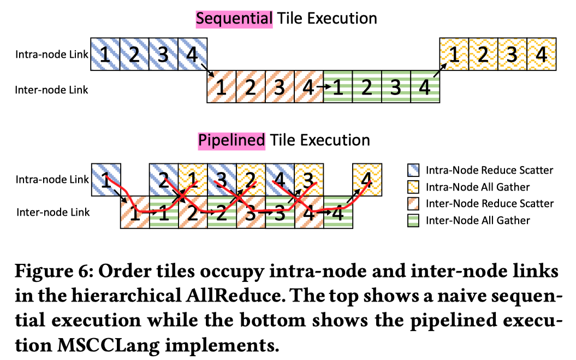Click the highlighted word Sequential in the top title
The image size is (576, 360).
(234, 19)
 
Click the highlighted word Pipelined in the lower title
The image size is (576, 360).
(231, 140)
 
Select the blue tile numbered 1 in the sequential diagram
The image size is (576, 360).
(105, 54)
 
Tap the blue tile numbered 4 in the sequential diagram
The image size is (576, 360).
(192, 54)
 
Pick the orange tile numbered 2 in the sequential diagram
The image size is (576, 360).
(251, 87)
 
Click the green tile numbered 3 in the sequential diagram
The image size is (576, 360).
(396, 87)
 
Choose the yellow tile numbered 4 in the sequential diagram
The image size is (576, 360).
(541, 54)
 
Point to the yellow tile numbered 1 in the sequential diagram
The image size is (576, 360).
(454, 54)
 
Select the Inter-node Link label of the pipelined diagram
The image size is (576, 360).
(53, 212)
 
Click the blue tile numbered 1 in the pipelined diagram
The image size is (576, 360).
(105, 179)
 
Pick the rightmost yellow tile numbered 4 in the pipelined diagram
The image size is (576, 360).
(367, 179)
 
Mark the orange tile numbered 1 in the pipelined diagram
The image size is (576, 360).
(134, 213)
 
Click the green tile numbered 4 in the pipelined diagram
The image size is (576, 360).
(338, 213)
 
